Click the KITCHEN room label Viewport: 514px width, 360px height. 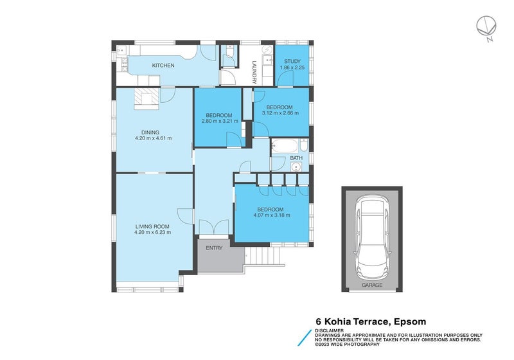pyautogui.click(x=163, y=66)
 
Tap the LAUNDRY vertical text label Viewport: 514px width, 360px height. pyautogui.click(x=255, y=72)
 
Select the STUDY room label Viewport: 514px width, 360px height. pyautogui.click(x=292, y=61)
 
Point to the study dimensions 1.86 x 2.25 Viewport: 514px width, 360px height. pyautogui.click(x=292, y=67)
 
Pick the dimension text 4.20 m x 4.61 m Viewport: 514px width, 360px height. pyautogui.click(x=153, y=138)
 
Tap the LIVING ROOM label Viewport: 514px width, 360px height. pyautogui.click(x=152, y=226)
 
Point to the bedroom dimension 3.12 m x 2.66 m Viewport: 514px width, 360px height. pyautogui.click(x=280, y=113)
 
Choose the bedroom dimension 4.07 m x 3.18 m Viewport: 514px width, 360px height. pyautogui.click(x=270, y=215)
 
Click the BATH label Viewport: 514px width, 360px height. pyautogui.click(x=296, y=157)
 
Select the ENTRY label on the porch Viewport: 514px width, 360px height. pyautogui.click(x=214, y=248)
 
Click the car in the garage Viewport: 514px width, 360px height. pyautogui.click(x=371, y=235)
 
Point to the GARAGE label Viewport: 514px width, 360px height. pyautogui.click(x=371, y=284)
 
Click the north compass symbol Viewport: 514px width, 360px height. pyautogui.click(x=485, y=28)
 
